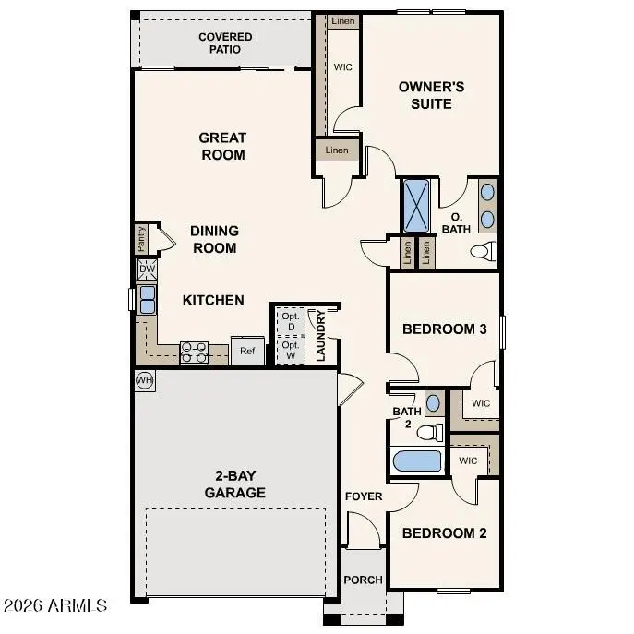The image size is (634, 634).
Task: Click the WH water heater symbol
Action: (144, 379)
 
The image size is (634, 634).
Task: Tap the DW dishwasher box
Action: (147, 269)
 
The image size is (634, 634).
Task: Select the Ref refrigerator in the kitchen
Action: (247, 351)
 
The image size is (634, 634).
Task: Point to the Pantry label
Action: (141, 238)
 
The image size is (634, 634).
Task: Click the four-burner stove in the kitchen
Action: (194, 352)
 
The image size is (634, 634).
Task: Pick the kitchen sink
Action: (147, 299)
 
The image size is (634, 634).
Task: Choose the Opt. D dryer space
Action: (290, 321)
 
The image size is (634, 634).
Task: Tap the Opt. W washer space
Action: (290, 351)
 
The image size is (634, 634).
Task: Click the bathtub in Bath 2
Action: (416, 461)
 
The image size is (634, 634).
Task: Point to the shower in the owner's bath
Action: (416, 206)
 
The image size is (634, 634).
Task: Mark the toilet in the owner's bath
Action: (483, 251)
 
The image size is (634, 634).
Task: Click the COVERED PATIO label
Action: (225, 42)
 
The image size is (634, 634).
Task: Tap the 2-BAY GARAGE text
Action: (234, 484)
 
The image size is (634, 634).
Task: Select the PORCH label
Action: (363, 580)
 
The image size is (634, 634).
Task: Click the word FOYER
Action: (364, 496)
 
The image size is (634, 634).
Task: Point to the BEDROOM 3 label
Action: (444, 329)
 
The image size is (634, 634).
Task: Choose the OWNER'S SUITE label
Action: (431, 95)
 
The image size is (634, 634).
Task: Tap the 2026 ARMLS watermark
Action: (55, 606)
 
